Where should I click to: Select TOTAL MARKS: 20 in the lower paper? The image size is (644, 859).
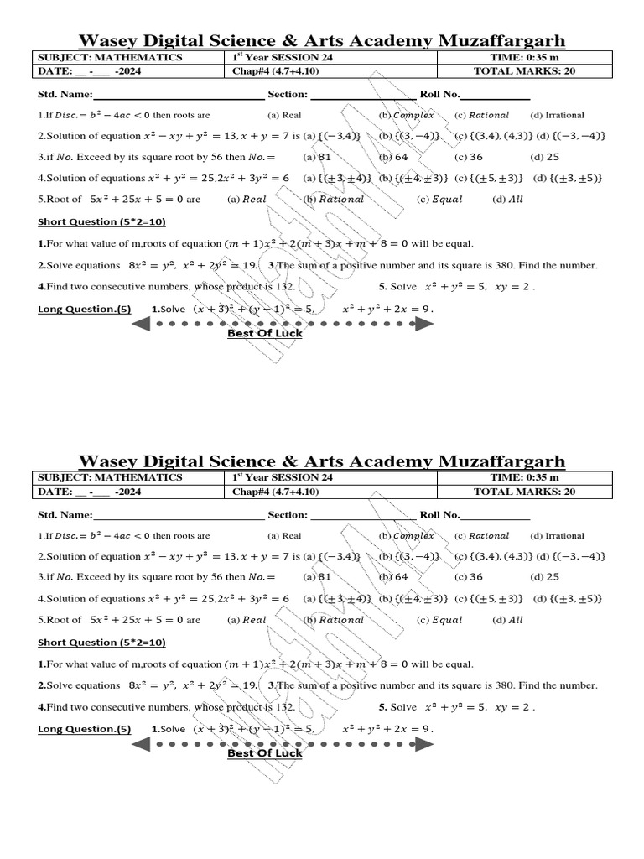pos(524,492)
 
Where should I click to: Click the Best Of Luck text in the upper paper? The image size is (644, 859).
pos(265,333)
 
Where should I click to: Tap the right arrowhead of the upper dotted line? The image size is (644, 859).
pos(425,323)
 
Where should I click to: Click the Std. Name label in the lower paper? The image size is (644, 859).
pos(65,515)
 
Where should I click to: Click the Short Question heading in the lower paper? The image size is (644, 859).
pos(101,642)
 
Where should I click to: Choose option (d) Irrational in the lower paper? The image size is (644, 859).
pos(558,535)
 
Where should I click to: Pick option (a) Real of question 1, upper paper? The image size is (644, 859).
pos(284,115)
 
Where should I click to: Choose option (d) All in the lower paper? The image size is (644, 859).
pos(508,620)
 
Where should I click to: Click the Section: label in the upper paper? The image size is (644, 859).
pos(288,95)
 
